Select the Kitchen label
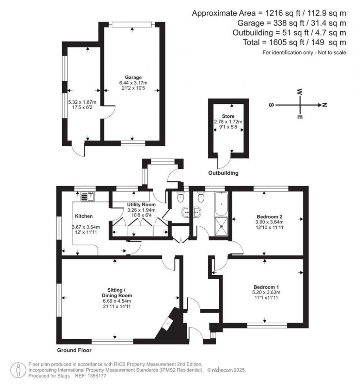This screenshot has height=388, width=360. tap(84, 216)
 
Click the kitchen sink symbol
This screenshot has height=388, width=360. tap(88, 197)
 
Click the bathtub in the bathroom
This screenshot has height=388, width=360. tap(221, 203)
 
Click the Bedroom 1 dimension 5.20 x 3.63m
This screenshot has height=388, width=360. tap(265, 292)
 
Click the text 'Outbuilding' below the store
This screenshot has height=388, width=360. tap(223, 173)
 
